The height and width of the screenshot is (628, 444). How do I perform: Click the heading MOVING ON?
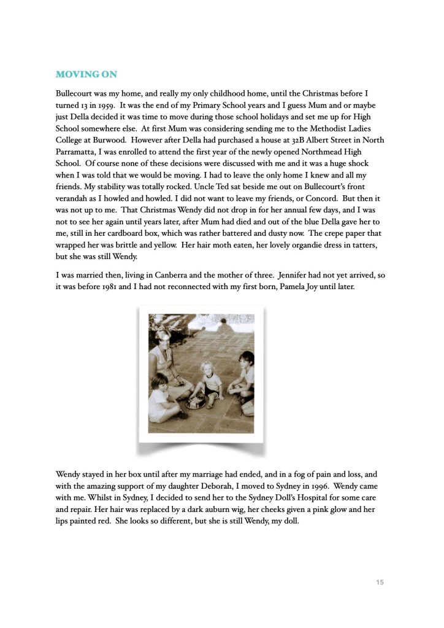point(86,74)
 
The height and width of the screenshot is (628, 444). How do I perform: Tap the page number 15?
point(380,582)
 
